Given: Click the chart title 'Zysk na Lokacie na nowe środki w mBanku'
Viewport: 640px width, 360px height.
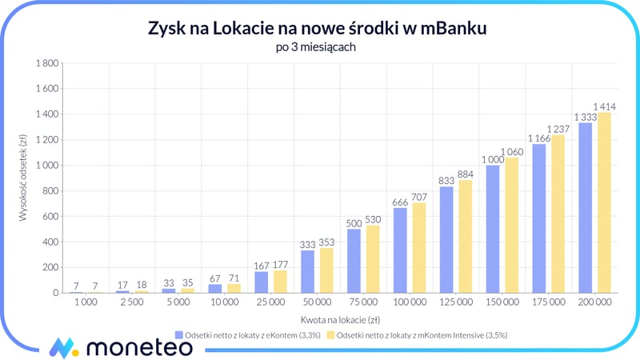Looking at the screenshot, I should [x=319, y=29].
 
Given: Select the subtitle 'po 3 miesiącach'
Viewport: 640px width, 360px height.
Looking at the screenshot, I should [x=319, y=47].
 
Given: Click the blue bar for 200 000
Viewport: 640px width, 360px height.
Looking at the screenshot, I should [x=585, y=207].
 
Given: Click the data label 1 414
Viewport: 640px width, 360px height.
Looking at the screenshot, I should [x=604, y=106].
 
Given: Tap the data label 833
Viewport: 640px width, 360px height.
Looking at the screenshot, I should [x=446, y=181].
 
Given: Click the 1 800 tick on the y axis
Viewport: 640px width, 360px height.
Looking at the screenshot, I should [x=47, y=63].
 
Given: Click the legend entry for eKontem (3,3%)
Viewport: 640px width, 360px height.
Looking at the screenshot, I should [x=248, y=334].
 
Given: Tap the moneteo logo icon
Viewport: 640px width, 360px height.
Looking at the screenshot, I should [x=62, y=347].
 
